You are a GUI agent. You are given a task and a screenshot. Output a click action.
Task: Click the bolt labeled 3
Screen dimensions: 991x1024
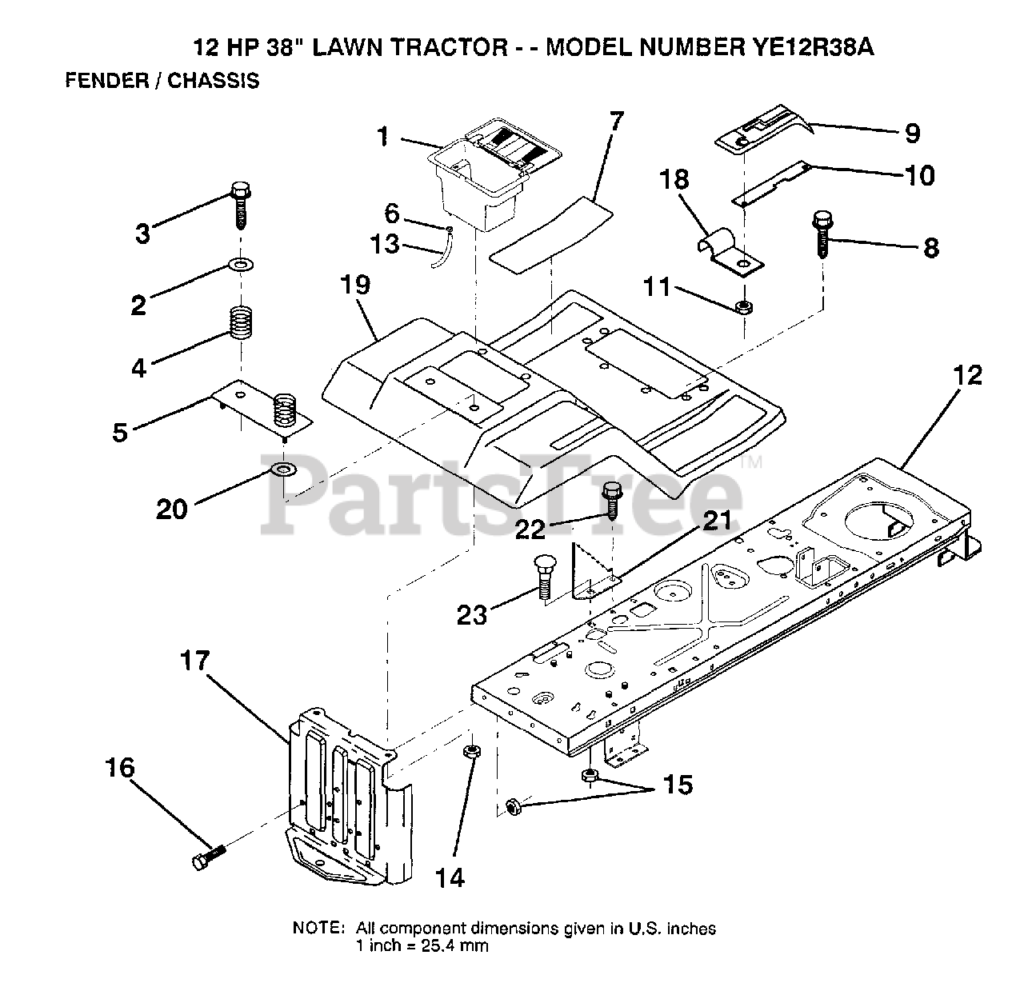[x=240, y=205]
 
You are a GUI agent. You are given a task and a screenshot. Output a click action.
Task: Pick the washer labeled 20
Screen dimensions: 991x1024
[x=282, y=468]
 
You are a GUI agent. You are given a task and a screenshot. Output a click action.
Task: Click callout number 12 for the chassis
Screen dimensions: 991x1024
[x=967, y=374]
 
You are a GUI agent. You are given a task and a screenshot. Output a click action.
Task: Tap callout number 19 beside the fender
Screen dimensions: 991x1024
[x=356, y=285]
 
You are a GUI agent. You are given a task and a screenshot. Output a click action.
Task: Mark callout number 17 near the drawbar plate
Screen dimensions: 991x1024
[x=194, y=661]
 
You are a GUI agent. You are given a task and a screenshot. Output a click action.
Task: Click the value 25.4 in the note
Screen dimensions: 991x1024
[x=440, y=945]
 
